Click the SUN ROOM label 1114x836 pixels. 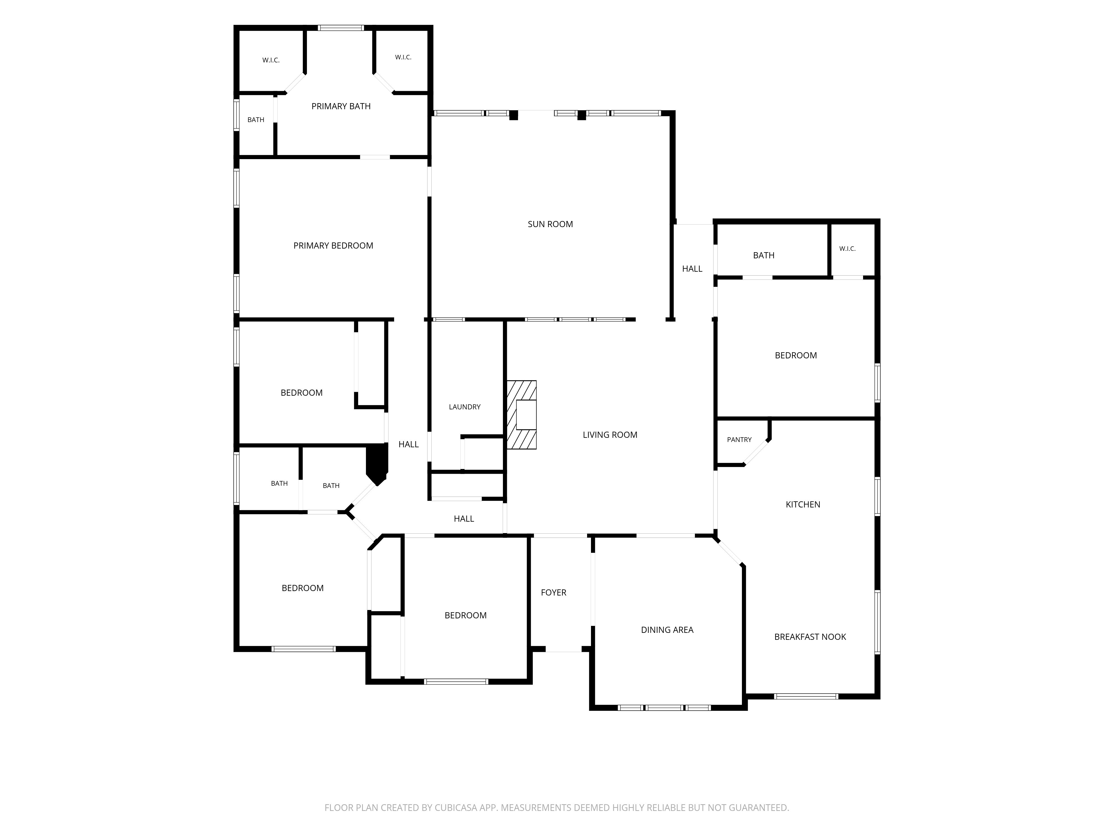coord(550,224)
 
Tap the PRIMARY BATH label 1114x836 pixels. coord(341,106)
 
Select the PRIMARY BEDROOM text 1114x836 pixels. coord(333,246)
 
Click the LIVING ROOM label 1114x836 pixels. coord(610,435)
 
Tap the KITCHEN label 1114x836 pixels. coord(803,504)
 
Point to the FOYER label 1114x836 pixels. coord(553,593)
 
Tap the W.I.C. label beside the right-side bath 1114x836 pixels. coord(847,249)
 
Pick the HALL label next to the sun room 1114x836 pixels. coord(692,269)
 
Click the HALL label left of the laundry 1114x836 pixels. coord(409,444)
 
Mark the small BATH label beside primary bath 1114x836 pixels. coord(256,120)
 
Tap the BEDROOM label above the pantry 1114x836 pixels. coord(796,356)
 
